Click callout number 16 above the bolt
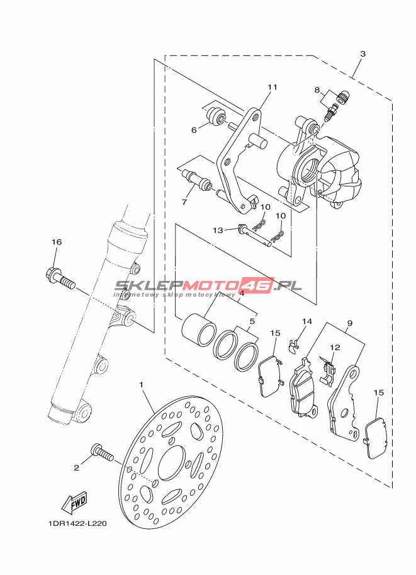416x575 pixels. (x=57, y=242)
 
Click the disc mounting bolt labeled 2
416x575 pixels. (x=102, y=452)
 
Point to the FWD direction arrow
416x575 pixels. (x=74, y=503)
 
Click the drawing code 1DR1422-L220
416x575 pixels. (x=77, y=523)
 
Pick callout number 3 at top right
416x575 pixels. (x=363, y=54)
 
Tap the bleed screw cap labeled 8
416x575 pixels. (x=344, y=96)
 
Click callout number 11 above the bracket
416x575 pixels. (x=272, y=88)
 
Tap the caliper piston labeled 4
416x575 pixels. (x=198, y=329)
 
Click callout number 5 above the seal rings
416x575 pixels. (x=252, y=321)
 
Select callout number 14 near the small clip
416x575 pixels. (x=306, y=322)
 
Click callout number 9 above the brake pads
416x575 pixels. (x=349, y=323)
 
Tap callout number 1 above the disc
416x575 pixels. (x=141, y=384)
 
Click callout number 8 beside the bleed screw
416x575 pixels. (x=317, y=90)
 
